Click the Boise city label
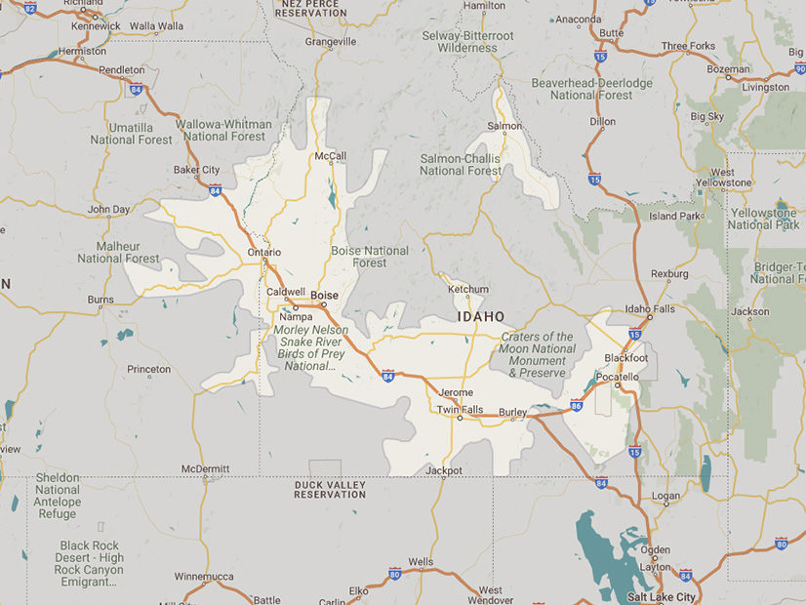(x=324, y=295)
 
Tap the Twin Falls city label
(x=460, y=410)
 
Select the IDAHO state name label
(x=482, y=317)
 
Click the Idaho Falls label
(x=649, y=309)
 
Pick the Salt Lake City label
(x=662, y=596)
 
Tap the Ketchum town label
(x=467, y=289)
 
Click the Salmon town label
(x=504, y=126)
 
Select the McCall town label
(x=331, y=156)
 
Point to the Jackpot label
(x=444, y=470)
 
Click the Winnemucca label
(x=204, y=576)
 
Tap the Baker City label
(x=196, y=170)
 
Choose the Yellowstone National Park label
(x=763, y=219)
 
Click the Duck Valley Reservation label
(x=330, y=489)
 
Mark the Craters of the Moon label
(x=538, y=354)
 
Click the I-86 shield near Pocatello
(x=576, y=404)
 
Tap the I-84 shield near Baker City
(x=214, y=190)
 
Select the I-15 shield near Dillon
(x=594, y=180)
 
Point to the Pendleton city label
(x=122, y=70)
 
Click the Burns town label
(x=101, y=300)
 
